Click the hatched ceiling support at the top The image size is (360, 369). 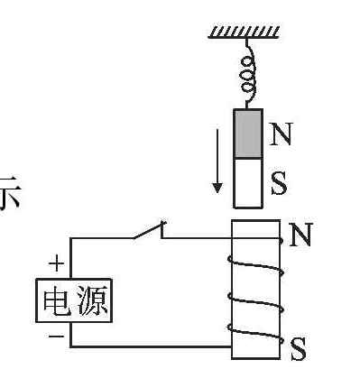tap(244, 32)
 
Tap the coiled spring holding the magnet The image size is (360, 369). tap(248, 74)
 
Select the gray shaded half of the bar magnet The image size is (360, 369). tap(248, 134)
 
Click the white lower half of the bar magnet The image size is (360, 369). tap(248, 183)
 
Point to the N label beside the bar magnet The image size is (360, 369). tap(281, 134)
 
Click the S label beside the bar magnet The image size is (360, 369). tap(279, 183)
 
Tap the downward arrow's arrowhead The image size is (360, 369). tap(217, 188)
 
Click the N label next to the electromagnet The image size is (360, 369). tap(300, 235)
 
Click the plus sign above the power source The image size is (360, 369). tap(56, 264)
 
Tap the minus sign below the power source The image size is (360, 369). tap(56, 336)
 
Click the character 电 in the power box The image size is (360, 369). tap(57, 300)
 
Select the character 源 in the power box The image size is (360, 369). tap(93, 300)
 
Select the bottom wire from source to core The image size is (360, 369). tap(151, 346)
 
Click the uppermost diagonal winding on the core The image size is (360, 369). tap(256, 267)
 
